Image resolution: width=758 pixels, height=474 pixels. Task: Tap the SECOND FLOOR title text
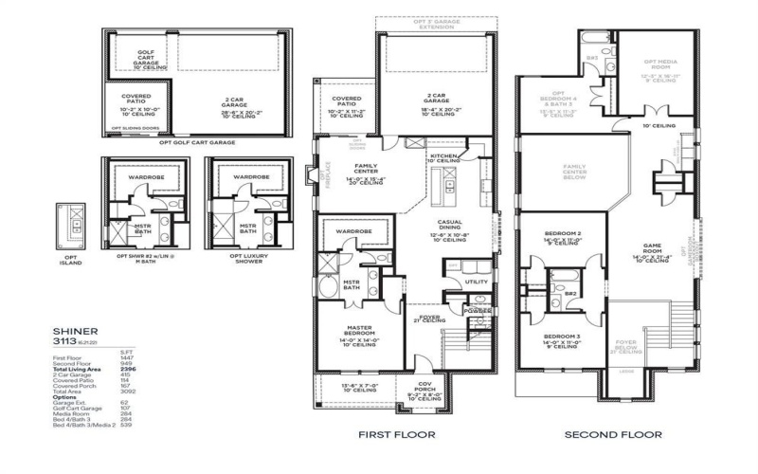point(607,435)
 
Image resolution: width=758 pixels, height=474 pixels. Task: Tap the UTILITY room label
point(476,283)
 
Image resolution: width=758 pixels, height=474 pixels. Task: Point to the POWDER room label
point(476,310)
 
